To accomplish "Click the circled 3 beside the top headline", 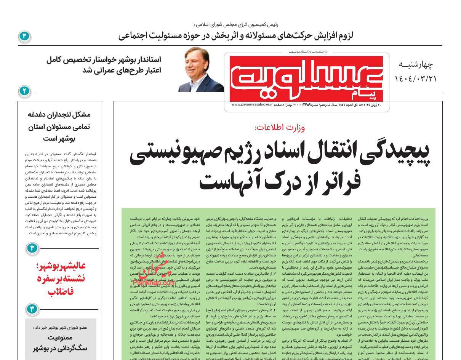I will [x=24, y=37].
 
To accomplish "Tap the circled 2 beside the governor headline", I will [x=24, y=91].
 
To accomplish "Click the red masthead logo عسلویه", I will [x=312, y=77].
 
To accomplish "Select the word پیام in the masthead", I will [x=370, y=93].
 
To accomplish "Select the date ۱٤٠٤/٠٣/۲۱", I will [x=416, y=78].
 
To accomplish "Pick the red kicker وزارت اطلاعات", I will [x=280, y=128].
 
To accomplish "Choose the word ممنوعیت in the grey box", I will [x=61, y=338].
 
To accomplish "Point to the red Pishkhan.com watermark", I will [x=154, y=283].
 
